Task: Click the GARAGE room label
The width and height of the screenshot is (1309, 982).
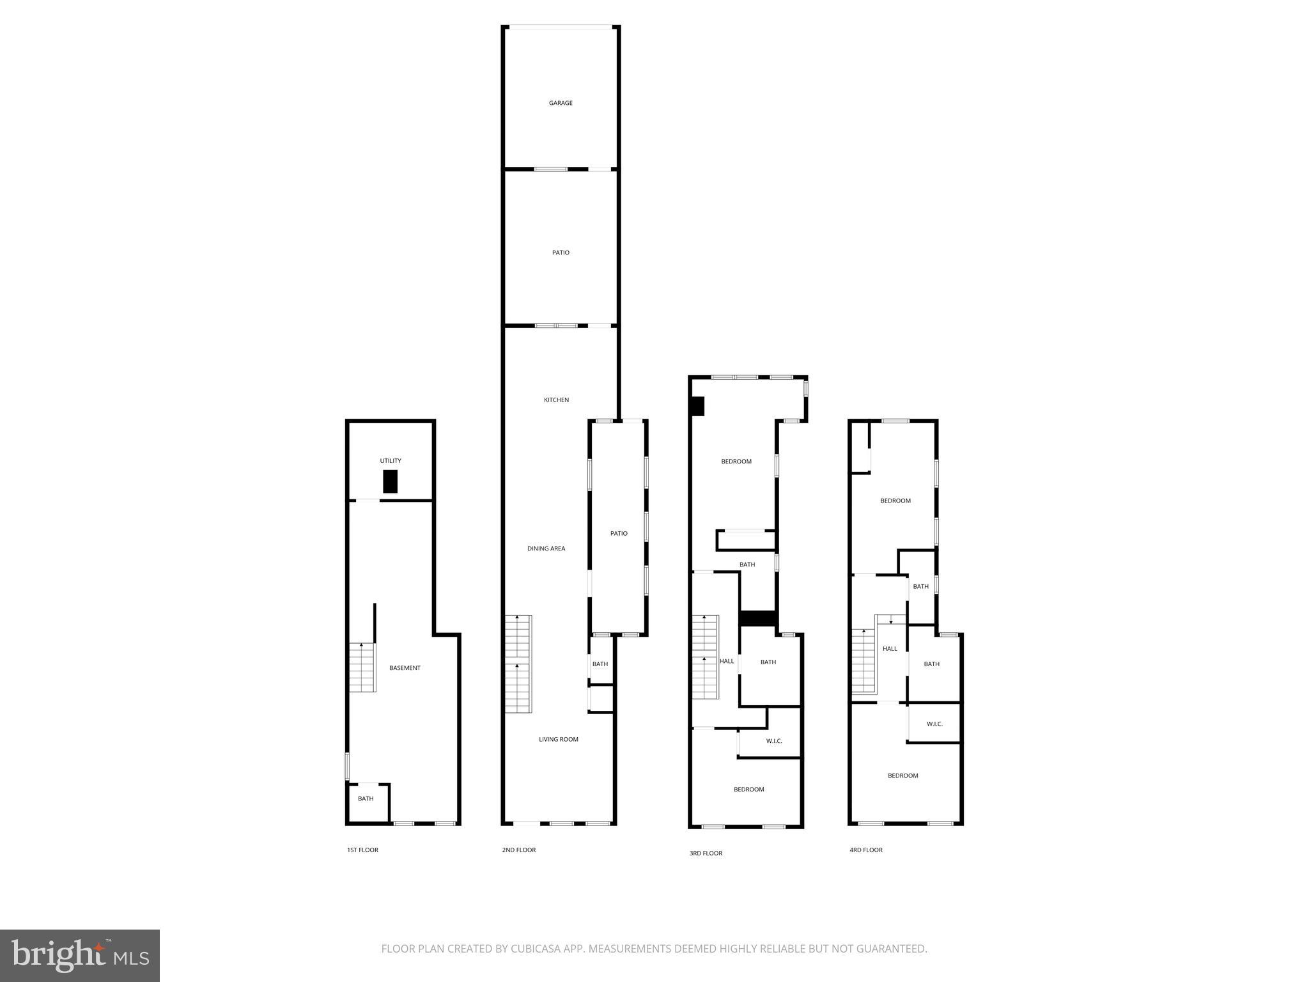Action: pyautogui.click(x=561, y=103)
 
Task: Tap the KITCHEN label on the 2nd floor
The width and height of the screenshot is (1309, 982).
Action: pyautogui.click(x=556, y=400)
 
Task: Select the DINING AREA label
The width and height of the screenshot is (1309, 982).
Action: pyautogui.click(x=546, y=549)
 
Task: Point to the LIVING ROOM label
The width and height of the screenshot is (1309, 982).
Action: pyautogui.click(x=558, y=740)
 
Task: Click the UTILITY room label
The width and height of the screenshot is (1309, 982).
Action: pyautogui.click(x=391, y=461)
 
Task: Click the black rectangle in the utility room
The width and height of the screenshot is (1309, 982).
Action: pyautogui.click(x=390, y=481)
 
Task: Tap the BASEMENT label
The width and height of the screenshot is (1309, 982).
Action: pyautogui.click(x=405, y=668)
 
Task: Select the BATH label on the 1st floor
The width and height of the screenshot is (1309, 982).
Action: pyautogui.click(x=366, y=799)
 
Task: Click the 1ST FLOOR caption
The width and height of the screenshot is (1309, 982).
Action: pyautogui.click(x=362, y=850)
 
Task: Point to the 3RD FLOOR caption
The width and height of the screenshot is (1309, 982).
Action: pyautogui.click(x=706, y=853)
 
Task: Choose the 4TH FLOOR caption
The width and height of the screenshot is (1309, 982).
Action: pyautogui.click(x=865, y=850)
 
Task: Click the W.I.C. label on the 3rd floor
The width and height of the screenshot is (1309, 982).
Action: pyautogui.click(x=774, y=742)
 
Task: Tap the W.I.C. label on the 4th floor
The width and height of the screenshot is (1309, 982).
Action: pyautogui.click(x=934, y=724)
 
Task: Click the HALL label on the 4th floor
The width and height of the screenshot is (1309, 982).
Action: pyautogui.click(x=890, y=649)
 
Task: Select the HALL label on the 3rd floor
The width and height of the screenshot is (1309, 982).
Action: pyautogui.click(x=727, y=661)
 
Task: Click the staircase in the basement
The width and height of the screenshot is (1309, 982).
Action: pyautogui.click(x=362, y=667)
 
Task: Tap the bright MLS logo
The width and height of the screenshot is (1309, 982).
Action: pyautogui.click(x=80, y=956)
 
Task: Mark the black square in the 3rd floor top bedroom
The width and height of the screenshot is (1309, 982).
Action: pyautogui.click(x=697, y=407)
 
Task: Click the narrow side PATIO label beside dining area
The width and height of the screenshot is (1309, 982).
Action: pyautogui.click(x=619, y=533)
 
